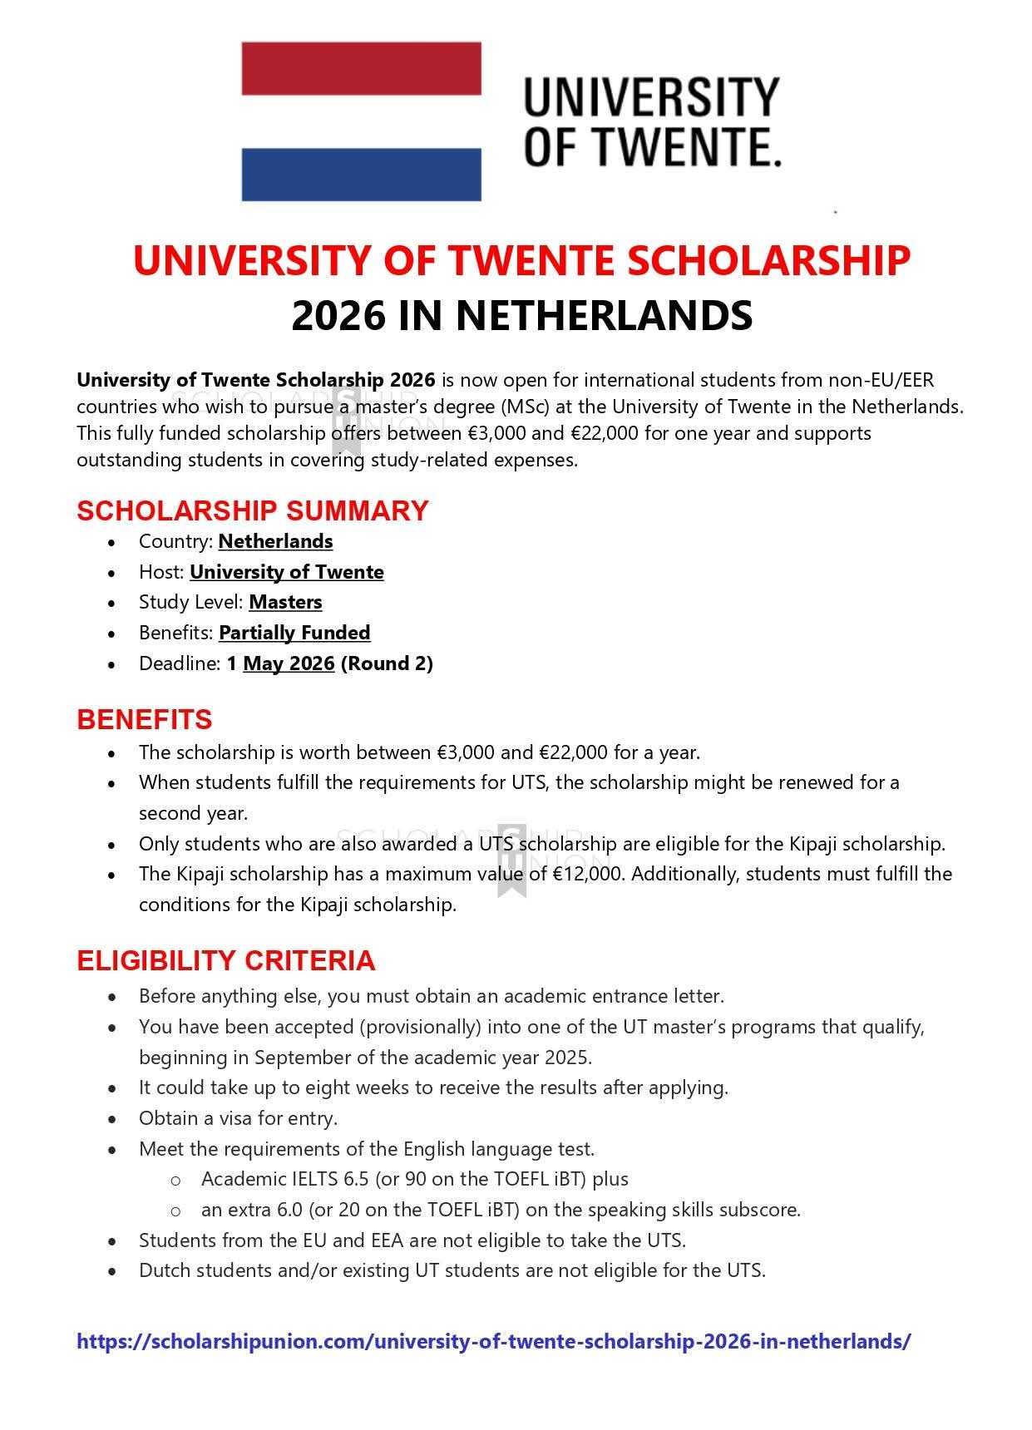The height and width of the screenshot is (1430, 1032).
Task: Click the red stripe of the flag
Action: [361, 68]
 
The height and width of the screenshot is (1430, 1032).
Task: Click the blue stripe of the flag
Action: [361, 175]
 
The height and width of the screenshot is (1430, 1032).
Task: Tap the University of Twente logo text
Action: [652, 121]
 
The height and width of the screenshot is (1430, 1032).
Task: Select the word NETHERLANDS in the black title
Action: [604, 316]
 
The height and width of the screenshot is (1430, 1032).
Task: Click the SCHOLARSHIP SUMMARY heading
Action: [253, 510]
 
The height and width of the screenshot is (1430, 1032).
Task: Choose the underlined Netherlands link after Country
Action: [275, 541]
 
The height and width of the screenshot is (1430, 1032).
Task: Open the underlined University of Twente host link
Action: [287, 572]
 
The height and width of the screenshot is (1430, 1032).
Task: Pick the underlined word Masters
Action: [285, 602]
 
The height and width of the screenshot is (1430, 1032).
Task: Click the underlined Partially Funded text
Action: [294, 633]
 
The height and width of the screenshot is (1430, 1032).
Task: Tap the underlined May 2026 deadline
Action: [289, 663]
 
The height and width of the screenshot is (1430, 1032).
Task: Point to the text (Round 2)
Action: [387, 663]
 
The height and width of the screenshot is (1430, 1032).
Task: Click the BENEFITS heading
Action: [145, 719]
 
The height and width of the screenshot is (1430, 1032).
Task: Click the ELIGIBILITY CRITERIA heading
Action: [226, 960]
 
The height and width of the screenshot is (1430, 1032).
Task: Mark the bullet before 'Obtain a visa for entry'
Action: [112, 1119]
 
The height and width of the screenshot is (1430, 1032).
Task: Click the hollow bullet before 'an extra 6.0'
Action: [175, 1211]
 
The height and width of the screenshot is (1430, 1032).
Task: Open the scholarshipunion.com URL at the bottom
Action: [494, 1341]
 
